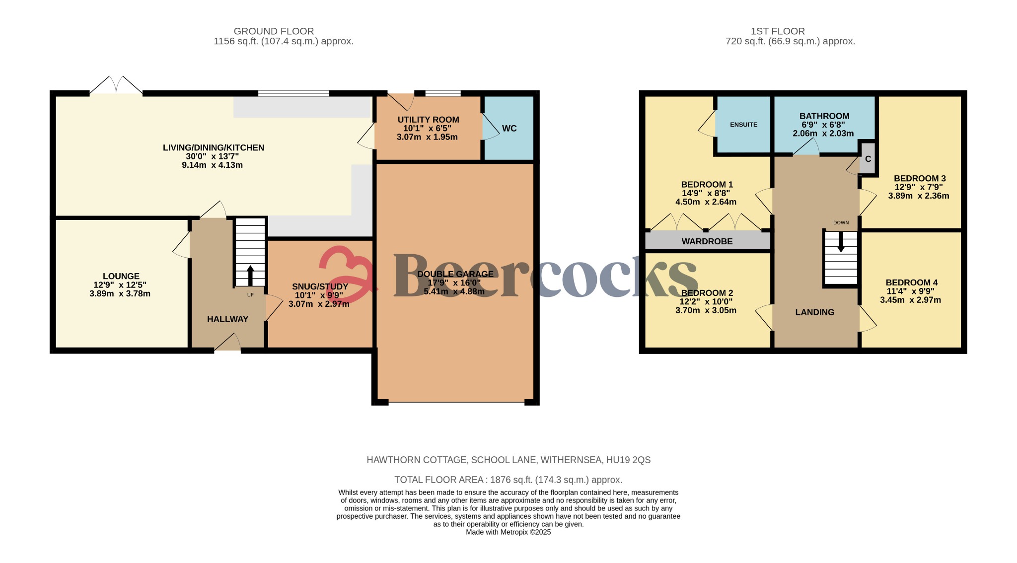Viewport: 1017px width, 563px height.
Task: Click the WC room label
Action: [509, 129]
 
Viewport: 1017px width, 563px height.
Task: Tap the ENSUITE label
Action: [743, 125]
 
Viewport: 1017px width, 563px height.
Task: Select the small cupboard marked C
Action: [868, 159]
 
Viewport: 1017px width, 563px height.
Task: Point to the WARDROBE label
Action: [707, 241]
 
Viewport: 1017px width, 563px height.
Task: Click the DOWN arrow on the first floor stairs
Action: [841, 243]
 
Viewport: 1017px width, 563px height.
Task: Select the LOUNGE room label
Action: [121, 276]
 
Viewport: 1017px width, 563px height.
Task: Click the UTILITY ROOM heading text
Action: [428, 120]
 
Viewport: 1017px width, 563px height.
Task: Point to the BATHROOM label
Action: [824, 116]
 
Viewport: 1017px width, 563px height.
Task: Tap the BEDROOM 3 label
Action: [919, 178]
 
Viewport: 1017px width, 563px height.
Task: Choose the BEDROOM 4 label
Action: [911, 282]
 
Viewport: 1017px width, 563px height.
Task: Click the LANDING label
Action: [814, 312]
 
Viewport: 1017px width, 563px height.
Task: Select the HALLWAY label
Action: [227, 319]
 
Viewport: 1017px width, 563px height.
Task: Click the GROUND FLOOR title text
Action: [274, 31]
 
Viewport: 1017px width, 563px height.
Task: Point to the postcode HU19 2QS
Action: [628, 460]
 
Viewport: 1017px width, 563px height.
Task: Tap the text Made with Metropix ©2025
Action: [508, 532]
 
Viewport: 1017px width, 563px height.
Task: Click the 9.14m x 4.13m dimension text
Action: [212, 165]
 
